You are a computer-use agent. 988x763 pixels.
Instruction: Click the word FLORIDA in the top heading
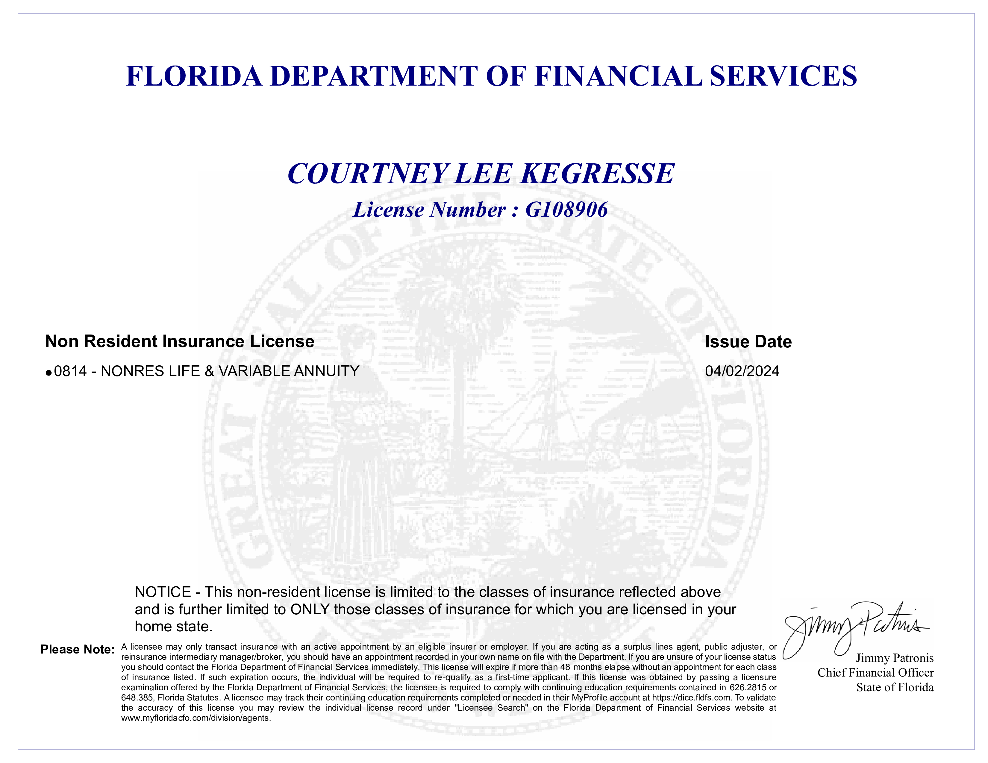194,76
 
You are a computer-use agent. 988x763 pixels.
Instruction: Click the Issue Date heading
748,342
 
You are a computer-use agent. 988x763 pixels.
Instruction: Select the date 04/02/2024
742,371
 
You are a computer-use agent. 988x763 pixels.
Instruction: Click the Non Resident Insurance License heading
180,341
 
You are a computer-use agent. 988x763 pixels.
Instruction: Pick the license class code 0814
70,371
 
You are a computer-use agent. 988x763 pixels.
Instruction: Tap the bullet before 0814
49,373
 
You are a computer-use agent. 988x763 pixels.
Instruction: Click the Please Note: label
77,650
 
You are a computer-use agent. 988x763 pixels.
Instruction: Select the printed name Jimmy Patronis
894,658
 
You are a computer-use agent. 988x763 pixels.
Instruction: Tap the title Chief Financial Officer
875,673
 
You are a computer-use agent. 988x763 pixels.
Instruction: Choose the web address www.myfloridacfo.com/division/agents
196,718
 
